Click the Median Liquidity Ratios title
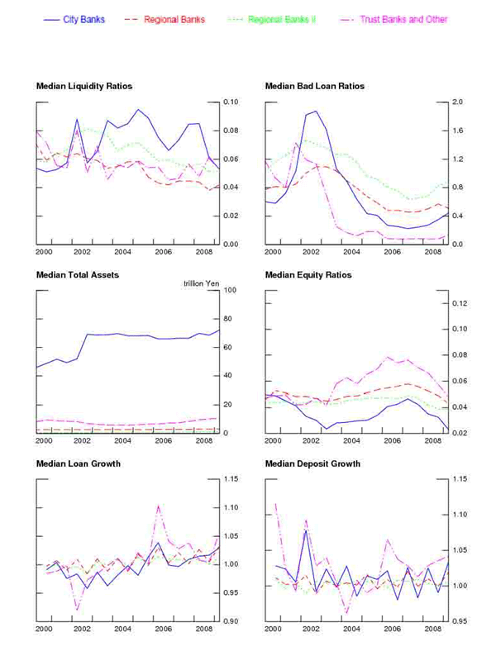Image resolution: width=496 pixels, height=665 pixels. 84,86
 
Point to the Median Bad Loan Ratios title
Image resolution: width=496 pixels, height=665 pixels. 314,86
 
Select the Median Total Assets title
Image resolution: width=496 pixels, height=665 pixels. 78,274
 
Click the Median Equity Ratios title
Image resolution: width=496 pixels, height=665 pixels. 308,274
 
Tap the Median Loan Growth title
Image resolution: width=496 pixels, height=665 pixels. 79,463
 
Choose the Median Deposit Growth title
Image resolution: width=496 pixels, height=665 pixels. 312,463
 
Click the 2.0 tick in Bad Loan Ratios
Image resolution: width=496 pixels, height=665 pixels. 457,102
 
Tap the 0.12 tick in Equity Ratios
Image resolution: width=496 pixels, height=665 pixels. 460,303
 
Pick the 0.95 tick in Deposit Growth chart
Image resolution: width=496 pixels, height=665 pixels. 460,621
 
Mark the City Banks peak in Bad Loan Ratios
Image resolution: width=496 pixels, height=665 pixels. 315,111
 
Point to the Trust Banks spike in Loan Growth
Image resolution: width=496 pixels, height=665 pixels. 158,506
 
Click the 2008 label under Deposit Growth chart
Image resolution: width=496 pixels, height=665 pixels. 432,629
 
